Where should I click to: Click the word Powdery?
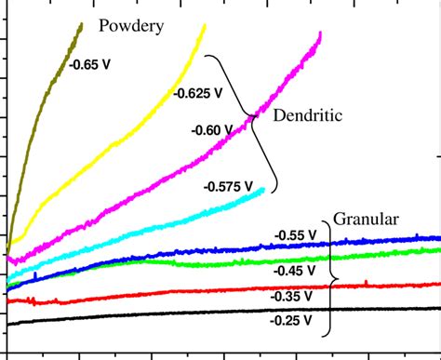(x=131, y=26)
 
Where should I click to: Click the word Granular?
(x=367, y=220)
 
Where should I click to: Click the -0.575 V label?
(x=228, y=186)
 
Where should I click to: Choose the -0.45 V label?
(x=295, y=270)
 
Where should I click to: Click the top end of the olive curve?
(x=82, y=23)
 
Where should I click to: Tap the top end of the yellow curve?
(x=204, y=26)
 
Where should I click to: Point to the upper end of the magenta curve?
(x=321, y=33)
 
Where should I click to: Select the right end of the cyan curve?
(x=264, y=190)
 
